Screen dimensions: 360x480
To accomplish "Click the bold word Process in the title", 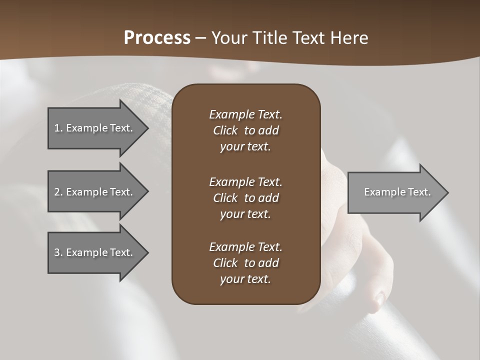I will [157, 38].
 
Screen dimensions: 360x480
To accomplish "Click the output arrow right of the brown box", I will [395, 192].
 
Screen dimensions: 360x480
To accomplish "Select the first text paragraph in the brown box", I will [245, 130].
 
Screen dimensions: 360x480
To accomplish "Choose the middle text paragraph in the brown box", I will [245, 198].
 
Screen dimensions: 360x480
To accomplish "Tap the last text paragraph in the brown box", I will [245, 263].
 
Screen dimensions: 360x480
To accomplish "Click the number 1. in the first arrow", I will [58, 128].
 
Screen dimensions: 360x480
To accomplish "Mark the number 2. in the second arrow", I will [58, 192].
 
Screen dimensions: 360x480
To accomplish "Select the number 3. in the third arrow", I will [58, 252].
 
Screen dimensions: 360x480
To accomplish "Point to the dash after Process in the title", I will [201, 38].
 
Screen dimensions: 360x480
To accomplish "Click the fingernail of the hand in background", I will [380, 299].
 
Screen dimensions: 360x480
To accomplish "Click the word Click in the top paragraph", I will [225, 130].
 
